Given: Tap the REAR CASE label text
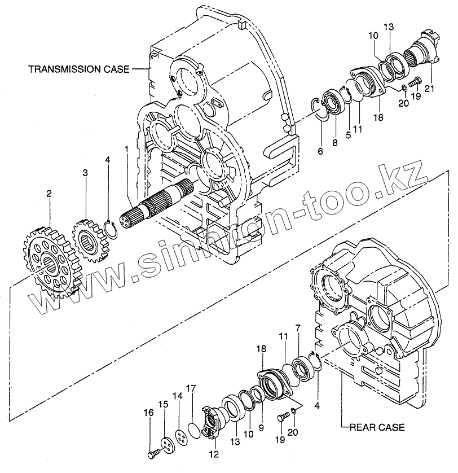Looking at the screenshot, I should pos(376,427).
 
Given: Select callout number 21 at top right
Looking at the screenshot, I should pos(430,87).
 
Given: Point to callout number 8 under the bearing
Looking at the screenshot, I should pos(334,143).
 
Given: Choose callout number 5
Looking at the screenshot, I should pos(348,135).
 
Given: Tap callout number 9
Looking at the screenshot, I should pos(261,428).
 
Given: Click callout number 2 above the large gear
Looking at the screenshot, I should pos(49,194).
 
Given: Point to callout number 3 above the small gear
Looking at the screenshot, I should pos(85,172).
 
